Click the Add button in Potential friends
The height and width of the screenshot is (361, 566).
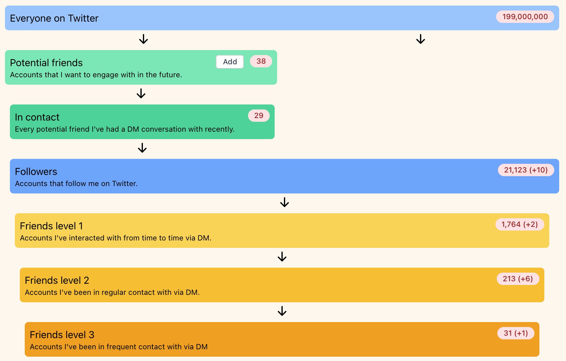pos(230,62)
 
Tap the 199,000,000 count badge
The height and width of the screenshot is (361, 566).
pos(525,17)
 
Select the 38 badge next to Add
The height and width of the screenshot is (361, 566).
pos(261,61)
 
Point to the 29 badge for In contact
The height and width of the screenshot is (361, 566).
pos(259,116)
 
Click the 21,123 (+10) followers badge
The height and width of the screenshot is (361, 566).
pos(526,170)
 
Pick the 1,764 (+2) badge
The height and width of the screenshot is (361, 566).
pos(520,224)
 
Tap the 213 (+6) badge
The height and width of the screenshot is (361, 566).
pos(518,279)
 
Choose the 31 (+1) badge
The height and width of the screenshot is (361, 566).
pos(516,333)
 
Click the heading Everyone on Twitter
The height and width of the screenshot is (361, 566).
pos(54,18)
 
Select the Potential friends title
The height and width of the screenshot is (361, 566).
pos(46,63)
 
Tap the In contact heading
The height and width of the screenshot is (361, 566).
pos(37,117)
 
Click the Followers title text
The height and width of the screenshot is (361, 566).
pos(36,172)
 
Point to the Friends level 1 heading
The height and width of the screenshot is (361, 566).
pos(51,226)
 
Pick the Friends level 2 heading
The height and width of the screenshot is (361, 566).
pos(57,280)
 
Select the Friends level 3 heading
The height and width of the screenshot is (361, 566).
pos(62,335)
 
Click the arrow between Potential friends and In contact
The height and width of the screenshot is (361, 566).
pos(141,93)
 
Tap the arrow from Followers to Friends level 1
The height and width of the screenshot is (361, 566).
pos(285,202)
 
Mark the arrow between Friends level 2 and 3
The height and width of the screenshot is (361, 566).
pos(282,311)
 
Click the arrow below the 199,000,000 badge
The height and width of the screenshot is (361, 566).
pos(421,39)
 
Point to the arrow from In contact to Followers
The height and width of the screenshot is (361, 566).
pos(142,148)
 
